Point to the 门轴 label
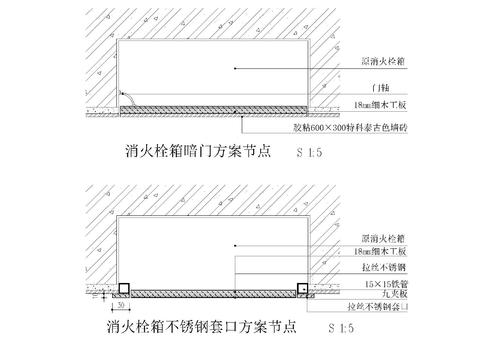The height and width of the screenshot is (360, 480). [x=377, y=88]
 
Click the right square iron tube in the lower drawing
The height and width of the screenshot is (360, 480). [x=302, y=290]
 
